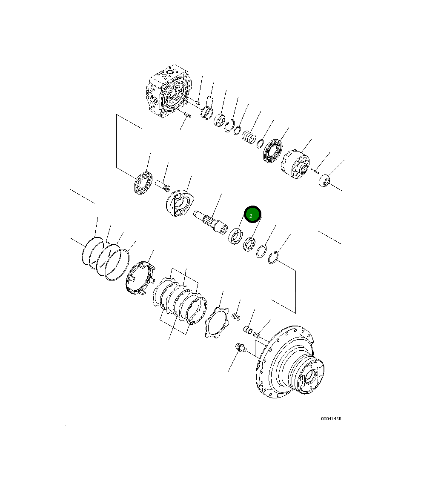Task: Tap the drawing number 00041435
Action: click(x=331, y=418)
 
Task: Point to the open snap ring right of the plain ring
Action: click(x=275, y=258)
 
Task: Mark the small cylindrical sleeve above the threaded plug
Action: click(x=248, y=330)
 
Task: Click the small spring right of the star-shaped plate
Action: click(x=235, y=317)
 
